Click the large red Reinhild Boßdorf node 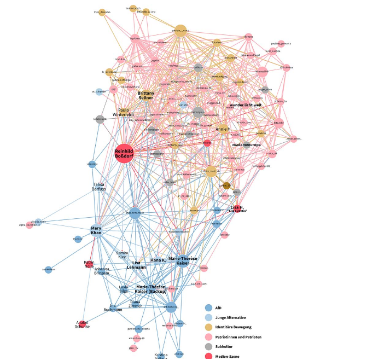[x=125, y=154]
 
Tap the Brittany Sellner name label [x=145, y=96]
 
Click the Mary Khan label [x=96, y=231]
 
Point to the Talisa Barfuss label [x=98, y=187]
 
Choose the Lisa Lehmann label [x=136, y=265]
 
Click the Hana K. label [x=158, y=260]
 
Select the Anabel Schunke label [x=81, y=324]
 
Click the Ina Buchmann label [x=113, y=307]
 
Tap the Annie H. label [x=223, y=129]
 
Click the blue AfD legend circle [x=208, y=308]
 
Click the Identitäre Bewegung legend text [x=234, y=327]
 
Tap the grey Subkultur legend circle [x=208, y=346]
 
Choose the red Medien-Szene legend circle [x=208, y=356]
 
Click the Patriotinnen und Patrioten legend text [x=238, y=336]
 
